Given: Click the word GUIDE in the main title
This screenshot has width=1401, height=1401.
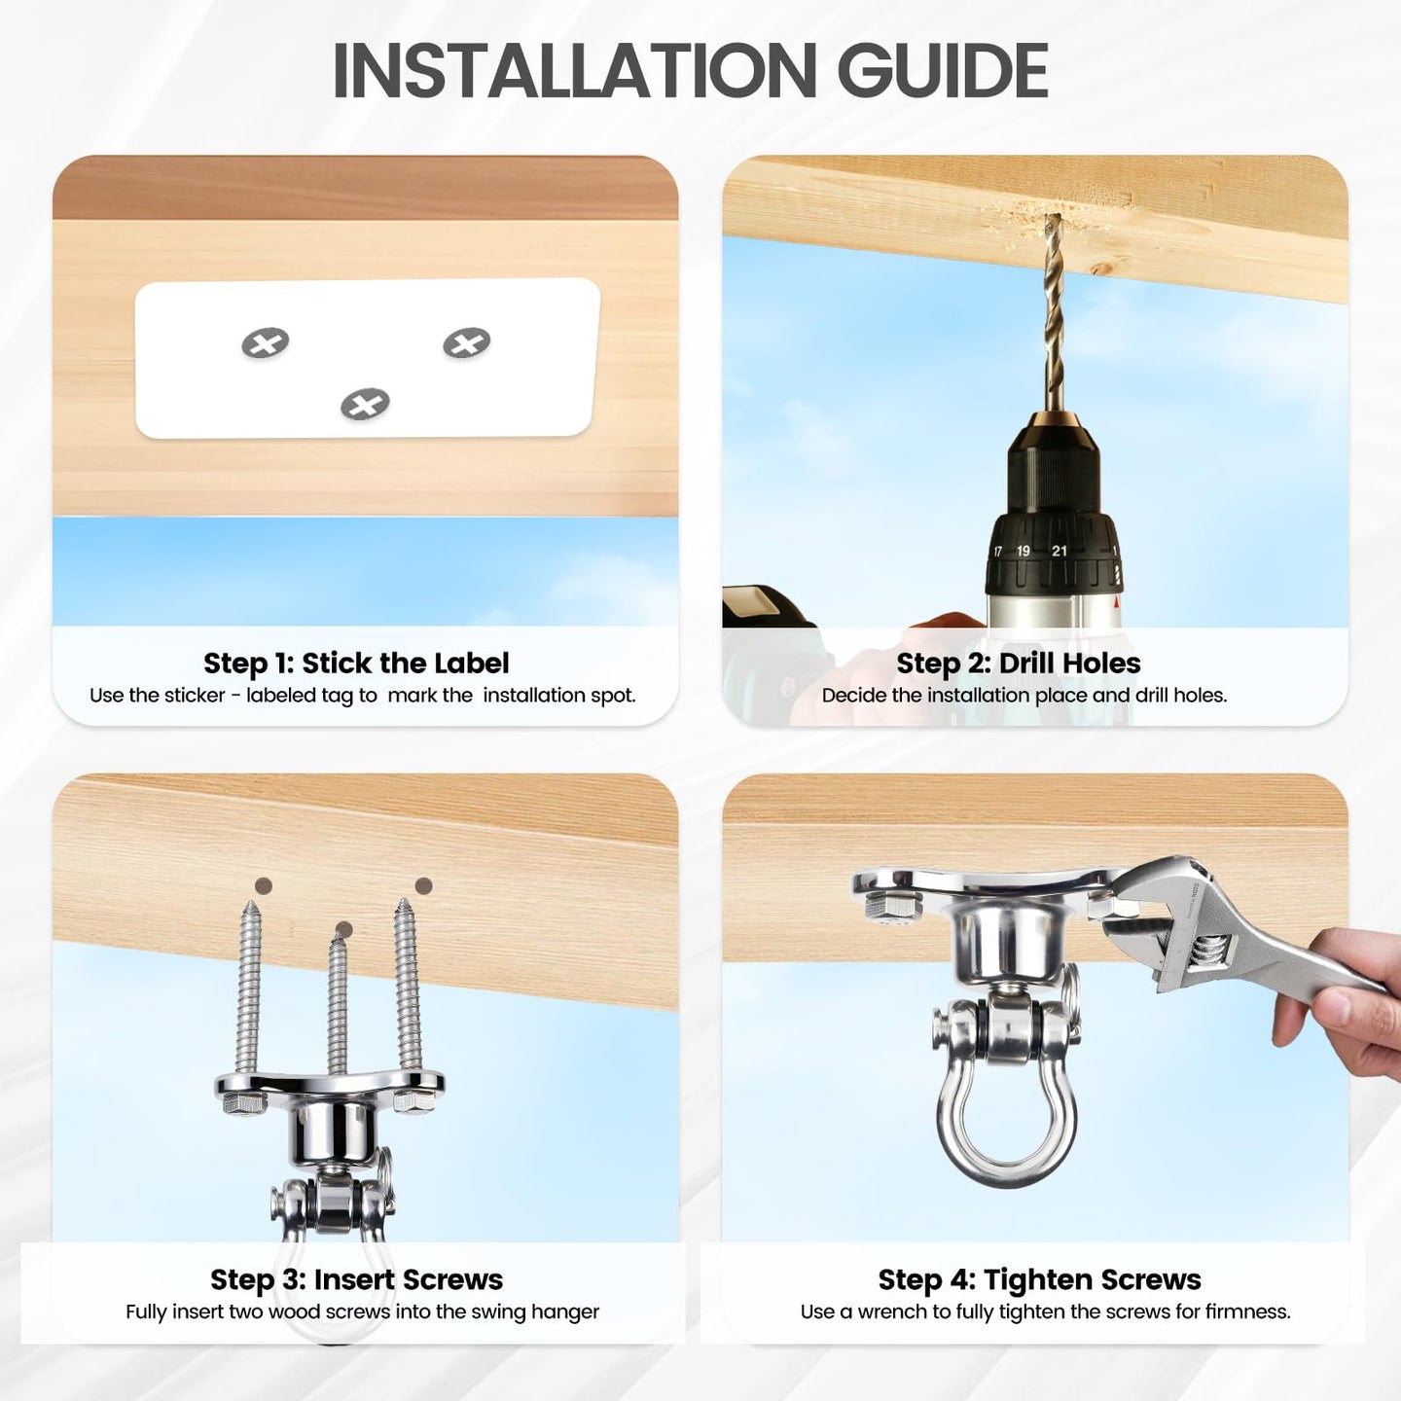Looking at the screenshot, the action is pos(942,70).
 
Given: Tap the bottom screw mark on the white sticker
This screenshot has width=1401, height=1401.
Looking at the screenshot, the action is pos(365,404).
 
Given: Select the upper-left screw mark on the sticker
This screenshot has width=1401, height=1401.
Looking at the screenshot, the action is pos(266,342).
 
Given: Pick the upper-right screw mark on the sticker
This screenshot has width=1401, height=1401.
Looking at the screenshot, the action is pos(467,342).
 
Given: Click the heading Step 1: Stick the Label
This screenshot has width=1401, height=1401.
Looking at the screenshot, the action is pos(356,664).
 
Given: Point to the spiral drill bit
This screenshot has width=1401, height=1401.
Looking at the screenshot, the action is pos(1052,312).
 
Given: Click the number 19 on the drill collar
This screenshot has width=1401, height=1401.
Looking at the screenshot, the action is pos(1023,551).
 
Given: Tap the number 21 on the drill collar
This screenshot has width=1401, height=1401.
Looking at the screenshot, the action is pos(1060,551).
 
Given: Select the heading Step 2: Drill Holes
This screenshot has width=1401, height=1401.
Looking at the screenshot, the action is pos(1019,664).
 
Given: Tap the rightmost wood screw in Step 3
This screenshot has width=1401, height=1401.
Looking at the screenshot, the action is pos(408,988).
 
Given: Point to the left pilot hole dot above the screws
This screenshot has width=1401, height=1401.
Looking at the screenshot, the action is pos(264,885).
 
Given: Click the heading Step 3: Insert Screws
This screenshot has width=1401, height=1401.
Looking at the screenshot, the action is pos(356,1279).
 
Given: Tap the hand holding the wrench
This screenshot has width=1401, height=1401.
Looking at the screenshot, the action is pos(1338,1002).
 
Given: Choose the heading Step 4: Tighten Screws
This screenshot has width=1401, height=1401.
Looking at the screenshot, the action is pos(1040,1279).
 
